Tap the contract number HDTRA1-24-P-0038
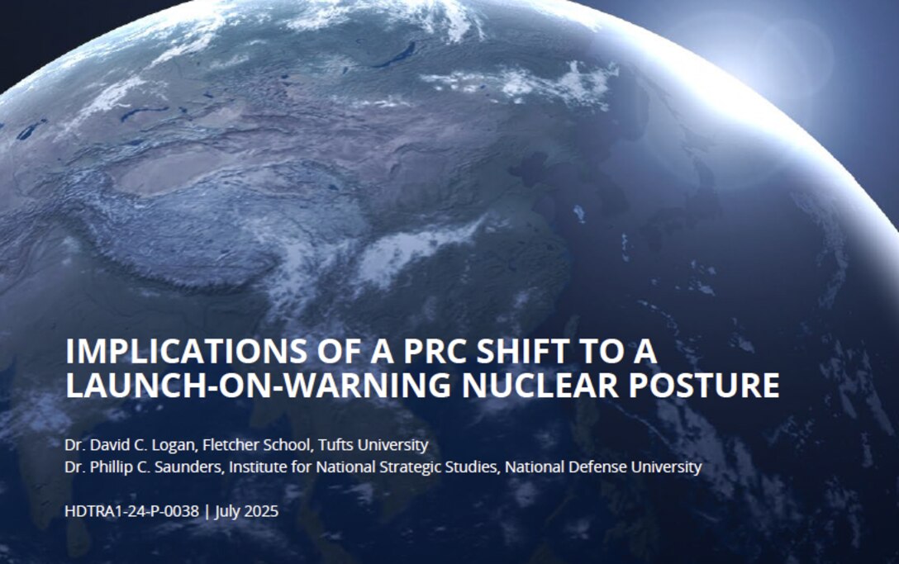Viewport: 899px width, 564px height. click(131, 511)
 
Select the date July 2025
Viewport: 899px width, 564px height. click(247, 511)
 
